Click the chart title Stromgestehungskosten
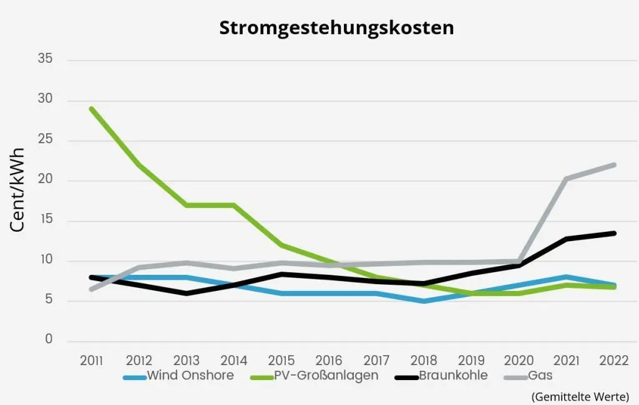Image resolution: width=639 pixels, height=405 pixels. (336, 28)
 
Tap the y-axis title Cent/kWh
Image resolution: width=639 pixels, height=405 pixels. (17, 189)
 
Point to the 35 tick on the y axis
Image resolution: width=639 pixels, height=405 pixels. (45, 59)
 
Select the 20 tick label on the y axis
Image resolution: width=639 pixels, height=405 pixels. (45, 180)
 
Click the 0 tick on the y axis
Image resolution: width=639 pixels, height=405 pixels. (49, 340)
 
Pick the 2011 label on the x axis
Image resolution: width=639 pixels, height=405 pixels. (92, 361)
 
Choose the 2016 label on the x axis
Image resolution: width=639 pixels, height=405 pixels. (329, 361)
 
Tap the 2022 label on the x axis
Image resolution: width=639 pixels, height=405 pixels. (614, 361)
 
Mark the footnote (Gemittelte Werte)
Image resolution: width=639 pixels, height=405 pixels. (580, 396)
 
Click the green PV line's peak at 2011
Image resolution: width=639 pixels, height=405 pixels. (92, 108)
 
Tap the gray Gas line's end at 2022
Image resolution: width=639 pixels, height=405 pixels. (614, 165)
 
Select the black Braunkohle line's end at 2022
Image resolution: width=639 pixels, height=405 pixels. (614, 233)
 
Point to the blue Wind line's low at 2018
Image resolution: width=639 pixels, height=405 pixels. (424, 301)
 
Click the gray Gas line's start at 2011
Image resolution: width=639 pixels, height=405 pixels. (92, 289)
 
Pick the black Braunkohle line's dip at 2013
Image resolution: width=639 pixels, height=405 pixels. (187, 293)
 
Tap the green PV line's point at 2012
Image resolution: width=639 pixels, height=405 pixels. (139, 164)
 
